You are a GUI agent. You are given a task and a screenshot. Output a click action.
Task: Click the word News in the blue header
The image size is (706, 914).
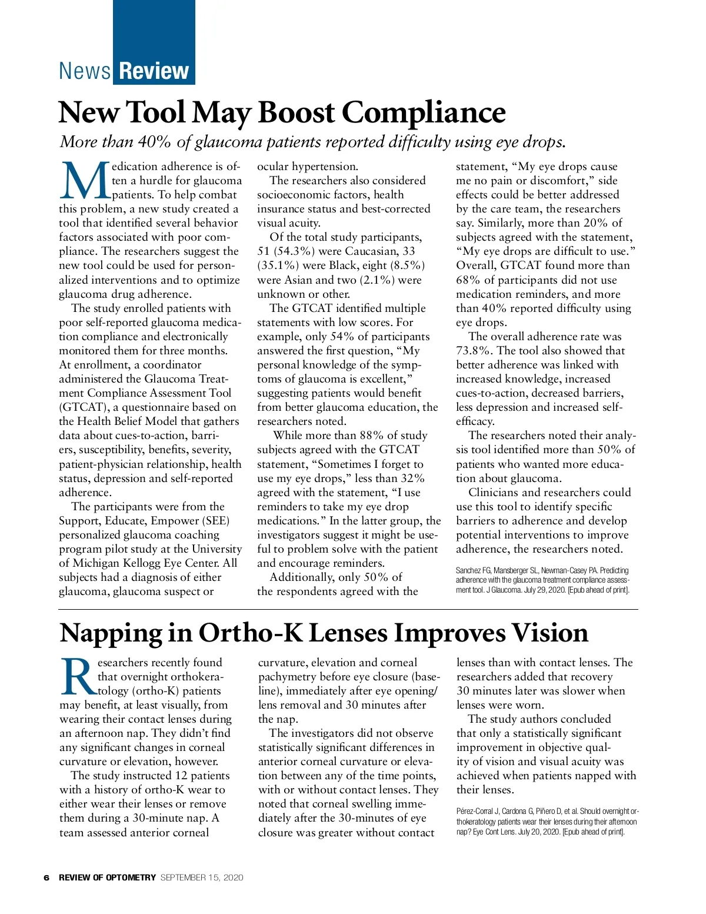(85, 71)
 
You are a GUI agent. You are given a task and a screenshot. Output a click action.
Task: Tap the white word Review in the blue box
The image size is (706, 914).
(154, 71)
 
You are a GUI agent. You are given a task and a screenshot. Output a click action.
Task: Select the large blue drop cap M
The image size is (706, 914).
(84, 181)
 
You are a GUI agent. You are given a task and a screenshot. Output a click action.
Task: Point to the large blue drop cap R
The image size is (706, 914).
(77, 677)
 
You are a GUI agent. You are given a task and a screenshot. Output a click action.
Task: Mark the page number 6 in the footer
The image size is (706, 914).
(46, 878)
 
